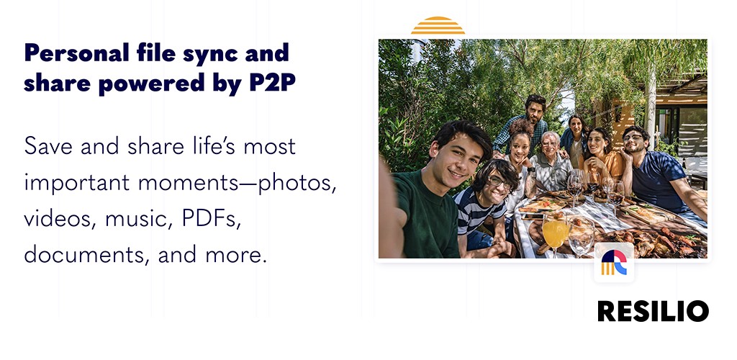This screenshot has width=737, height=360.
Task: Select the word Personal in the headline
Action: pyautogui.click(x=76, y=53)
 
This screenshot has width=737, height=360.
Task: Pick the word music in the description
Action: pyautogui.click(x=137, y=220)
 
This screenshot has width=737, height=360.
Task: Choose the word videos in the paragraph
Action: pyautogui.click(x=59, y=220)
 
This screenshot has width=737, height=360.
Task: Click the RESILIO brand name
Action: pyautogui.click(x=654, y=311)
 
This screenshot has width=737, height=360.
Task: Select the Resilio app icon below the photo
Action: pyautogui.click(x=614, y=263)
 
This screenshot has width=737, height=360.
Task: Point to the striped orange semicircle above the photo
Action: pyautogui.click(x=438, y=25)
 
